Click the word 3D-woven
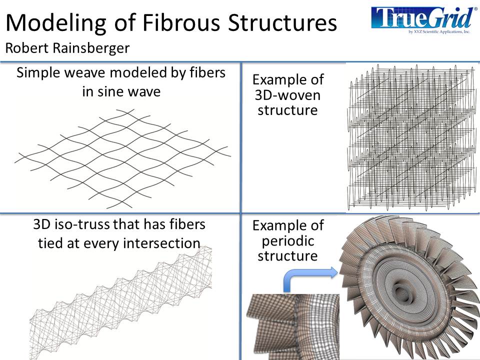pos(287,94)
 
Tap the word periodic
pos(287,240)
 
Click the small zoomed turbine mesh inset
pos(293,325)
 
